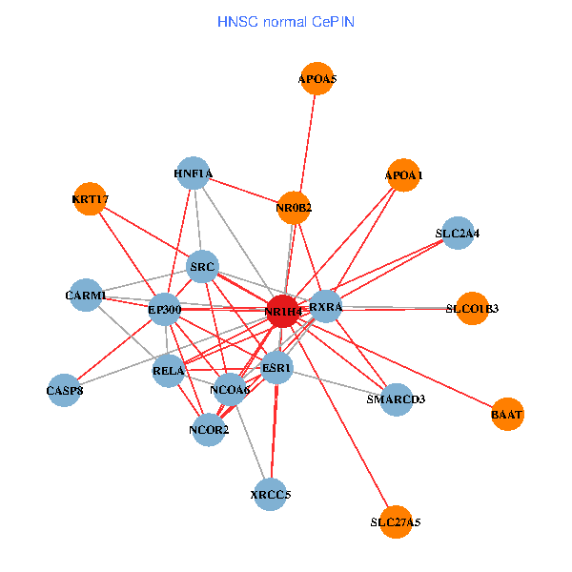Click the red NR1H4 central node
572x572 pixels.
coord(283,311)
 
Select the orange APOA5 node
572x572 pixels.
coord(317,80)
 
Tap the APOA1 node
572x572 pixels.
coord(403,175)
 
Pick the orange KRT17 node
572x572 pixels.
coord(90,199)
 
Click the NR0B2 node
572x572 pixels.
coord(295,207)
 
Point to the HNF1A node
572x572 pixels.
coord(194,174)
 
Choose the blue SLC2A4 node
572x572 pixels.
coord(458,233)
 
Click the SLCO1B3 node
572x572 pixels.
coord(472,308)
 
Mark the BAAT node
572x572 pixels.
coord(507,415)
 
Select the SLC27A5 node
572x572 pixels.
coord(395,522)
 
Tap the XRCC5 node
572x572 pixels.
coord(271,495)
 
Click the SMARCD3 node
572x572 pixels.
coord(396,398)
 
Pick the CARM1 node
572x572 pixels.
coord(86,296)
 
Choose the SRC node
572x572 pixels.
coord(203,267)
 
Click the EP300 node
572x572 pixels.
coord(165,309)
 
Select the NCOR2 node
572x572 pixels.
coord(209,430)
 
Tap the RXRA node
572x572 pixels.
coord(326,306)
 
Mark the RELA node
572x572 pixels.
coord(169,371)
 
